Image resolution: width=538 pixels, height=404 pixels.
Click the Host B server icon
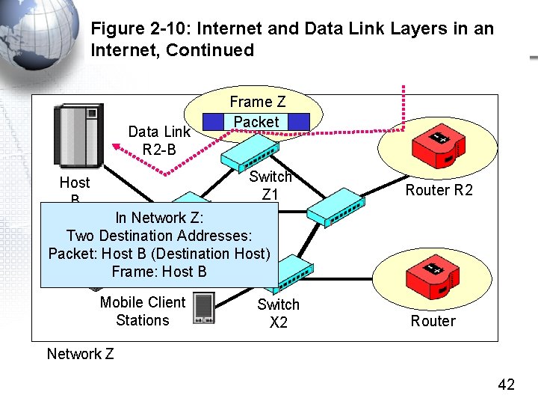point(78,135)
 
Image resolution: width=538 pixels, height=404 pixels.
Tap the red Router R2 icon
point(438,146)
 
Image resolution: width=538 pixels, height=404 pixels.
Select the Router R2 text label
point(439,190)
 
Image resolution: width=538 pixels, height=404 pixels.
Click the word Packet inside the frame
point(256,122)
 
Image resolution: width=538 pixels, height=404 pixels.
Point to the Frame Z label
point(257,102)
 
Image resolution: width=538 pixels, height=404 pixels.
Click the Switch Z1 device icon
point(250,153)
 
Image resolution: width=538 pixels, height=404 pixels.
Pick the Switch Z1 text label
point(270,186)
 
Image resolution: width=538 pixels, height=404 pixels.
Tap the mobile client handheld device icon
point(204,307)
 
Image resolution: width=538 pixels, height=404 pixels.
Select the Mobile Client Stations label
point(143,311)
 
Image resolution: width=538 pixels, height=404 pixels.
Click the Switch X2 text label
point(278,313)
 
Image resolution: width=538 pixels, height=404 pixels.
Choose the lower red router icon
point(433,278)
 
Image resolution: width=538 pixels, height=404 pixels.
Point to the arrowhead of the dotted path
point(116,147)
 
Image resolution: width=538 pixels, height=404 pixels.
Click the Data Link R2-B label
point(159,141)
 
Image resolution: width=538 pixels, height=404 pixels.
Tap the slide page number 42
point(507,385)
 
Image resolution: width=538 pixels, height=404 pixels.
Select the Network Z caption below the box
point(80,354)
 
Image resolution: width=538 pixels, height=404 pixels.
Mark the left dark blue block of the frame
point(213,122)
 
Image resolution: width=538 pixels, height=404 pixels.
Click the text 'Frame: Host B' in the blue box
point(159,272)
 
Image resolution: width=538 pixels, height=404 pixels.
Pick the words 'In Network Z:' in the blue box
point(159,218)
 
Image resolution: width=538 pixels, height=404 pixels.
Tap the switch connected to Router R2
point(336,207)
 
